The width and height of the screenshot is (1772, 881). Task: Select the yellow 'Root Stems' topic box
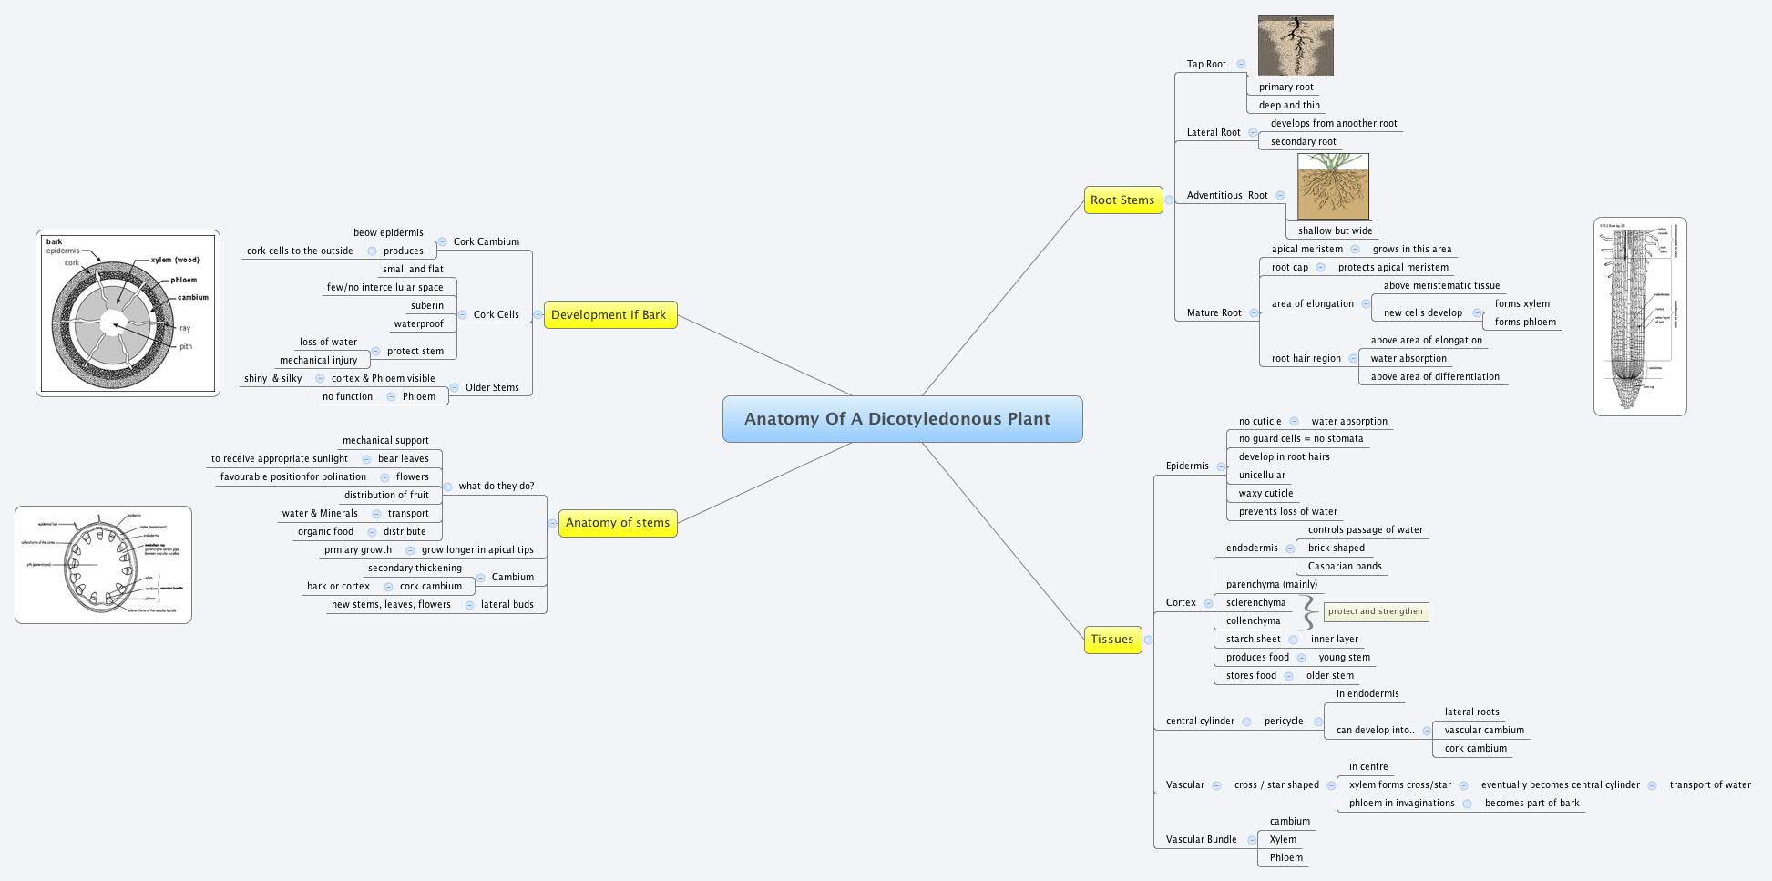pyautogui.click(x=1122, y=200)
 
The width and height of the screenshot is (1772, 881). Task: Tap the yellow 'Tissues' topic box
pyautogui.click(x=1111, y=640)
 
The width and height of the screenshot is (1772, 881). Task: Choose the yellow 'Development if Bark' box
pyautogui.click(x=609, y=315)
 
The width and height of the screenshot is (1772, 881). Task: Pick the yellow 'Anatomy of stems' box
pyautogui.click(x=617, y=523)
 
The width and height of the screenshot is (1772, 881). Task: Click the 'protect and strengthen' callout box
pyautogui.click(x=1376, y=612)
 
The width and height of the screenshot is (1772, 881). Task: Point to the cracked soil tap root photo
pyautogui.click(x=1296, y=46)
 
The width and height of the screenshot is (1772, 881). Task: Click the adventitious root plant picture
pyautogui.click(x=1333, y=186)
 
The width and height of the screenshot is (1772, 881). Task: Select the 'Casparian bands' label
pyautogui.click(x=1345, y=567)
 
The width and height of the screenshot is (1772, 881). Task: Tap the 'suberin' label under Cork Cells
pyautogui.click(x=427, y=306)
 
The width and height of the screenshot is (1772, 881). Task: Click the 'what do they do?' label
pyautogui.click(x=497, y=487)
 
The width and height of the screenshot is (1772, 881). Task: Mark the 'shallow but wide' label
pyautogui.click(x=1335, y=231)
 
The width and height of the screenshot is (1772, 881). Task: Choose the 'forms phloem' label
pyautogui.click(x=1525, y=323)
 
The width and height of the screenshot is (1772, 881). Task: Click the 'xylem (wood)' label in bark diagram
pyautogui.click(x=175, y=261)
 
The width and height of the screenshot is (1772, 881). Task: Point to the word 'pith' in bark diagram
pyautogui.click(x=186, y=347)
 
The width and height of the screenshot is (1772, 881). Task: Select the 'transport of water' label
pyautogui.click(x=1710, y=785)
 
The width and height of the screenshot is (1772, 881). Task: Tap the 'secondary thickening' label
pyautogui.click(x=415, y=569)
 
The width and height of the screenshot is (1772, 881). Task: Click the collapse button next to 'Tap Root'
pyautogui.click(x=1241, y=65)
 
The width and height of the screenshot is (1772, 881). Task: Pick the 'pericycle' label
pyautogui.click(x=1284, y=722)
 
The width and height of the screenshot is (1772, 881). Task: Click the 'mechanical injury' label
pyautogui.click(x=319, y=361)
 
